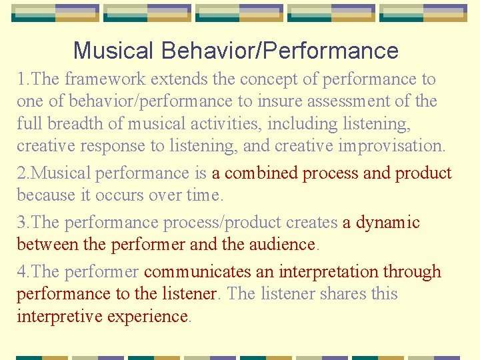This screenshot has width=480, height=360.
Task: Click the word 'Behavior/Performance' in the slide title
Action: (x=280, y=51)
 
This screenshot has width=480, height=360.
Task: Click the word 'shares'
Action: (x=337, y=294)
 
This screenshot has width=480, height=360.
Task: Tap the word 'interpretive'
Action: (x=57, y=316)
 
